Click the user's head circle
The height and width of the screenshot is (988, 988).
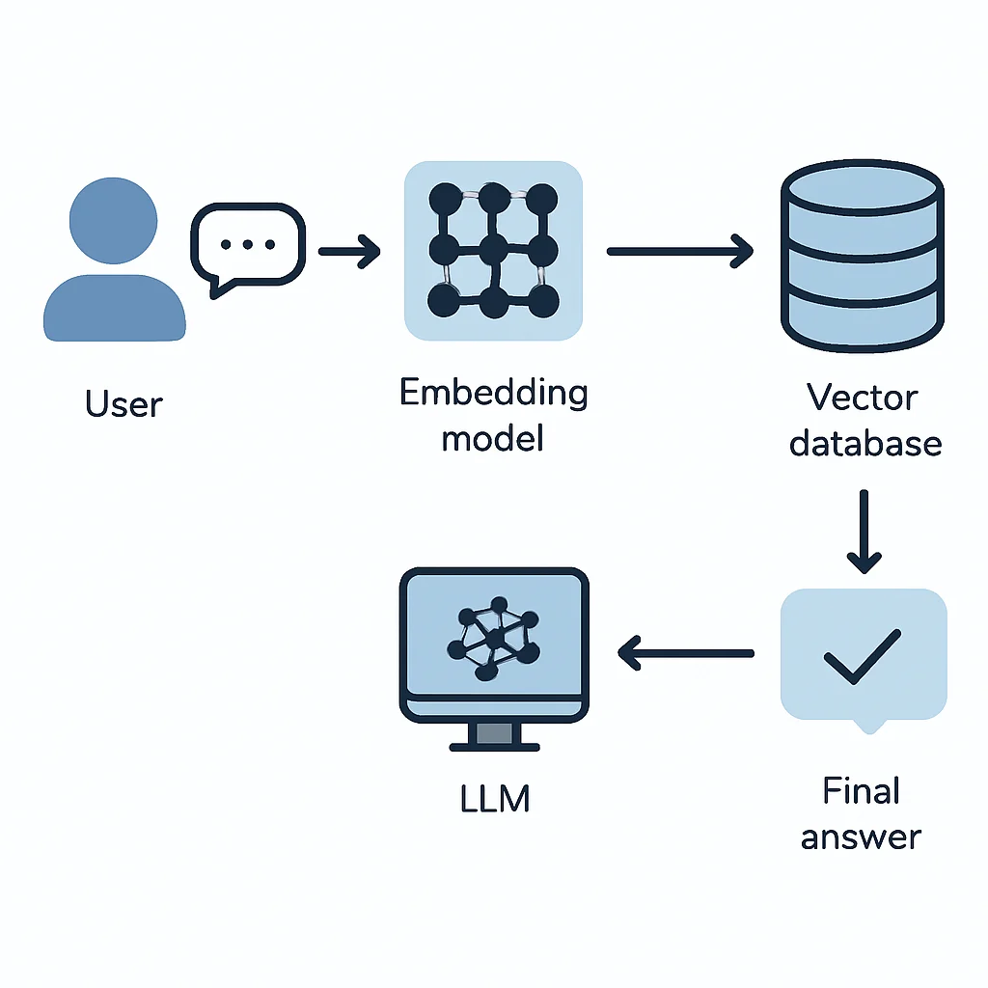click(114, 221)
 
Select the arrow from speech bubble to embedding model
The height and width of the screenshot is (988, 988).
click(349, 252)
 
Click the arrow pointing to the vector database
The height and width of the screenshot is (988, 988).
click(680, 252)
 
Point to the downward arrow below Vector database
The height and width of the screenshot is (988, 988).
click(864, 532)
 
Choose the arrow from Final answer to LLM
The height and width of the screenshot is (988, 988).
click(686, 653)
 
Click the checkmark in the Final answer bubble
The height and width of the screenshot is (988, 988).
click(863, 656)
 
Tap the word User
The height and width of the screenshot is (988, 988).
click(124, 404)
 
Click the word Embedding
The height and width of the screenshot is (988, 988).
click(493, 394)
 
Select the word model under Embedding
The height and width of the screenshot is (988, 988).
click(493, 439)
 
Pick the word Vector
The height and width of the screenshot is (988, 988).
click(862, 398)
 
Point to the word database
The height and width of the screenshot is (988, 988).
click(865, 443)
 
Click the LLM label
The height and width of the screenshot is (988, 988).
click(495, 798)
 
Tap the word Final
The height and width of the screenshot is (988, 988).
click(862, 790)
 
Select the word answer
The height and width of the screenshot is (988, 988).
click(861, 838)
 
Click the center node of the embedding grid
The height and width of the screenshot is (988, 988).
click(493, 250)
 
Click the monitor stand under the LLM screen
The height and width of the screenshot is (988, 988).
click(495, 736)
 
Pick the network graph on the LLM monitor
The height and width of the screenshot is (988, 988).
click(494, 639)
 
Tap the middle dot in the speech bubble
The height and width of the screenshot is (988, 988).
click(248, 244)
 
